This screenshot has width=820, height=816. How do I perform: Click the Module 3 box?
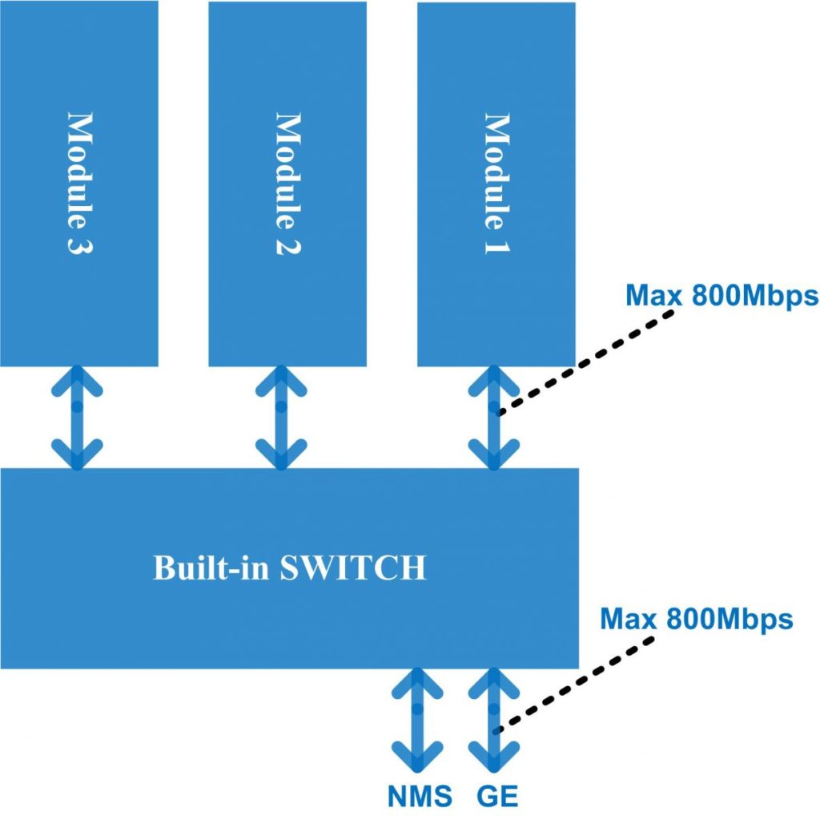click(x=78, y=183)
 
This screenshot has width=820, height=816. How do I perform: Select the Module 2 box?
click(x=287, y=183)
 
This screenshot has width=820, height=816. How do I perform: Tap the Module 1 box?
click(x=496, y=183)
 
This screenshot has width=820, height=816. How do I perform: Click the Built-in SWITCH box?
click(x=289, y=568)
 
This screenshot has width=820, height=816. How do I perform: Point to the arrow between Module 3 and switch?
click(x=77, y=417)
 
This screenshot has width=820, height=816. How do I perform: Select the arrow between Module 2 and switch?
click(x=281, y=417)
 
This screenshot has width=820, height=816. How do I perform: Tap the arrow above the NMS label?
click(x=417, y=720)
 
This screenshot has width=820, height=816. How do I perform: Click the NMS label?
click(x=420, y=797)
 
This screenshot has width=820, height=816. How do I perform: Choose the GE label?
click(x=497, y=797)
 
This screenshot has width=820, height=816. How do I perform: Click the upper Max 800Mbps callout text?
click(x=722, y=296)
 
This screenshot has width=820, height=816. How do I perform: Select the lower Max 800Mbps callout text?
click(x=697, y=619)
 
